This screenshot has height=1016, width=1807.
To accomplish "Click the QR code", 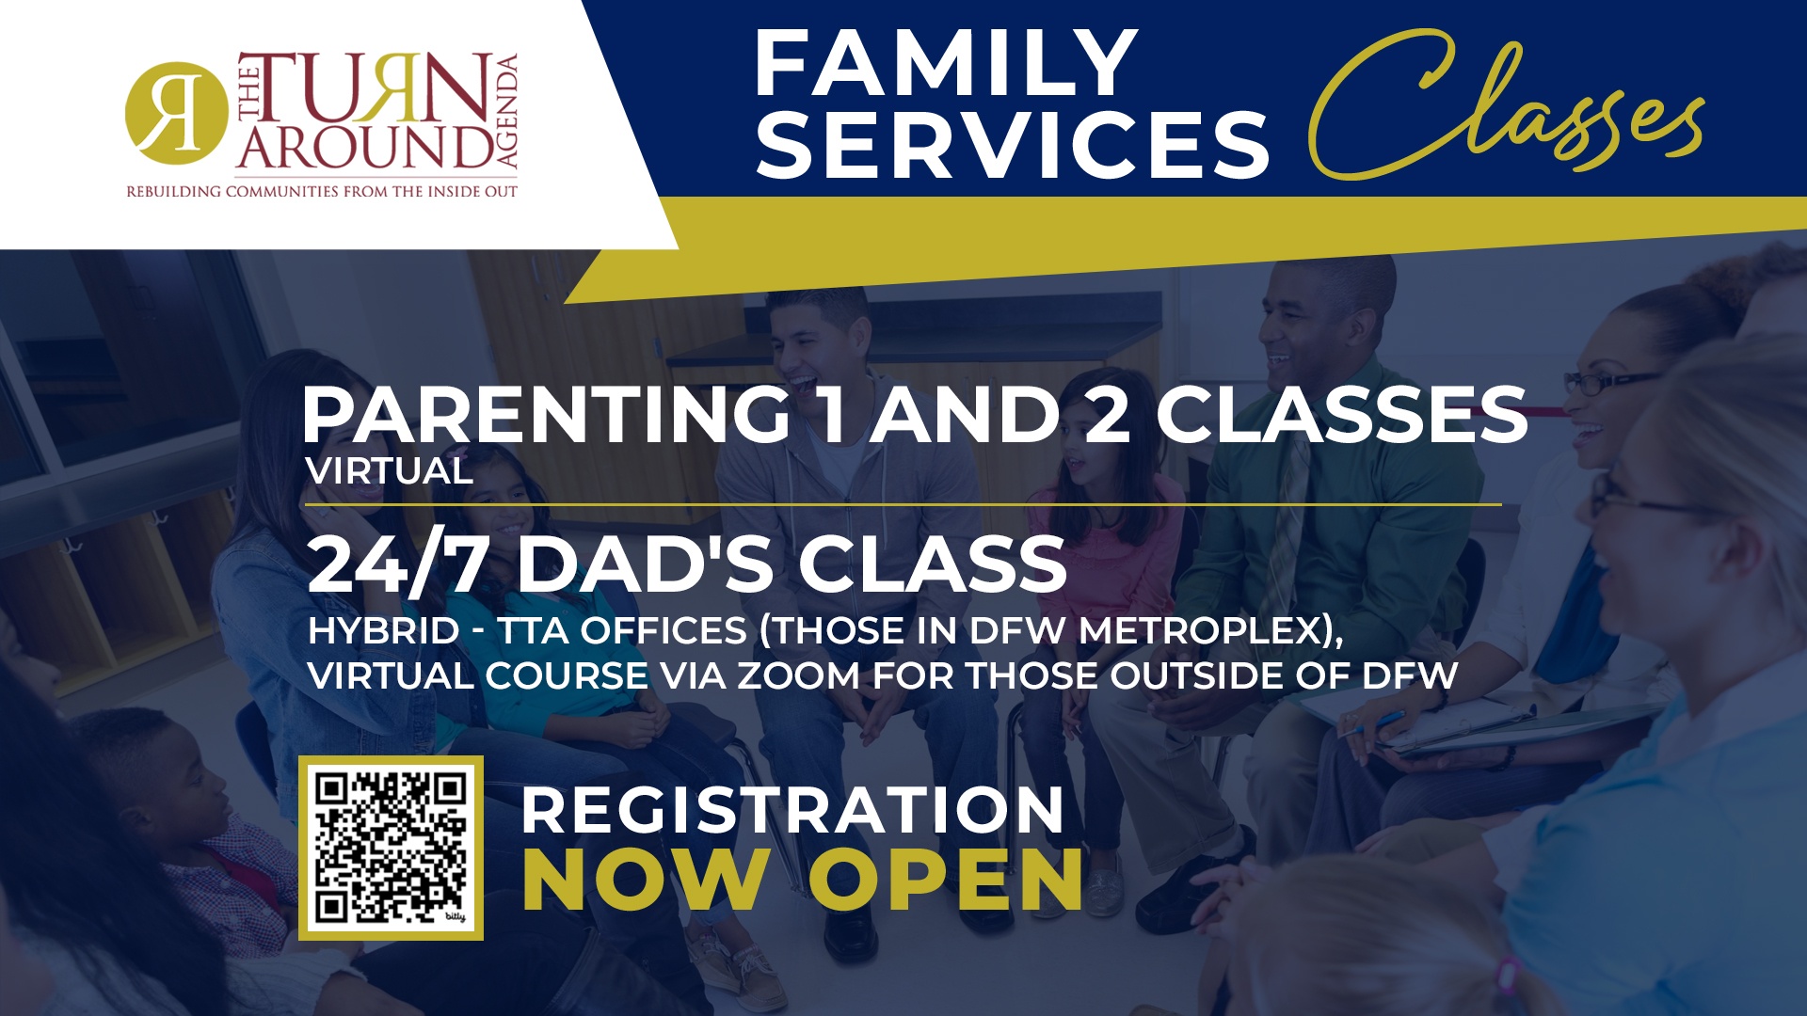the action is pos(391,848).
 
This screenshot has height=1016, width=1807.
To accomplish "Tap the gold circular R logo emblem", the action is pos(176,113).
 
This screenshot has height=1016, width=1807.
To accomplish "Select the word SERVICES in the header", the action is pos(1013,143).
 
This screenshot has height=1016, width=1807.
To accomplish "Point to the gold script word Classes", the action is pos(1506,103).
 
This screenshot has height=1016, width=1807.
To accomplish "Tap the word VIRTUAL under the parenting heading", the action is pos(389,470).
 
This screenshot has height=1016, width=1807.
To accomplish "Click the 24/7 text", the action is pos(397,564).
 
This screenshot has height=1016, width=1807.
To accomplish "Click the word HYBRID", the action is pos(383,630).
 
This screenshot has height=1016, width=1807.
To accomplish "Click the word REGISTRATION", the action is pos(792,810).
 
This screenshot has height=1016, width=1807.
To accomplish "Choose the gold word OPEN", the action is pos(946,880).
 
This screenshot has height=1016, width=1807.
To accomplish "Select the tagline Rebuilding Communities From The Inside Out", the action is pos(322,192).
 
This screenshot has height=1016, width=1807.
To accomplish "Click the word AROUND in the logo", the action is pos(365,146).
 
